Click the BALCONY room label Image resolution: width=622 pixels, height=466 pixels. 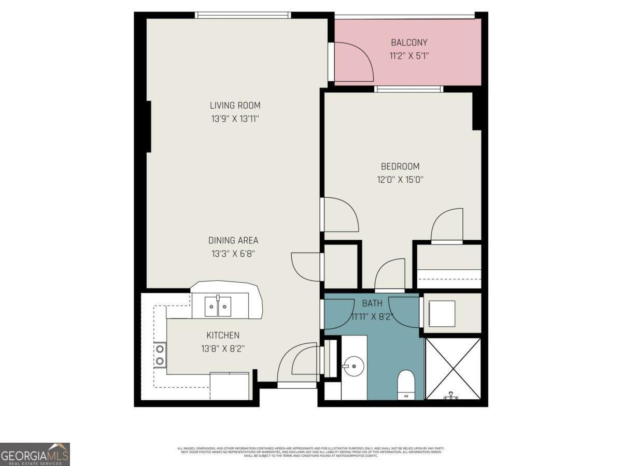[x=409, y=42]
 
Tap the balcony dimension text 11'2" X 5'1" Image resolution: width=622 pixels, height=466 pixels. [x=409, y=55]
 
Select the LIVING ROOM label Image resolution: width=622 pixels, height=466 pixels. [x=235, y=105]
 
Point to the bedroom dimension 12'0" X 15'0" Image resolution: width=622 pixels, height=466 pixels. [x=400, y=180]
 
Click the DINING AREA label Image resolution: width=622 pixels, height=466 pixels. [x=233, y=240]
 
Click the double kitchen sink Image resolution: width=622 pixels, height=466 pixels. [x=217, y=307]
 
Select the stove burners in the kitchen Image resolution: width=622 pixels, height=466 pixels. [x=160, y=355]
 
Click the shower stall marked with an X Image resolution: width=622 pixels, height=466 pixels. [x=453, y=368]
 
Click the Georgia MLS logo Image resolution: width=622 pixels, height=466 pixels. [x=35, y=454]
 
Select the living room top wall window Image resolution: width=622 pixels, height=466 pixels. [x=243, y=15]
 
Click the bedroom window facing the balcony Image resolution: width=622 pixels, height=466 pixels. [x=409, y=89]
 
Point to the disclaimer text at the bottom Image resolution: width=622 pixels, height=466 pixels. [x=311, y=452]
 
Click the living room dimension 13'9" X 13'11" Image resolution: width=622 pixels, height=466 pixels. [x=235, y=119]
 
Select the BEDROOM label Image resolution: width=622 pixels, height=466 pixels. [x=400, y=166]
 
